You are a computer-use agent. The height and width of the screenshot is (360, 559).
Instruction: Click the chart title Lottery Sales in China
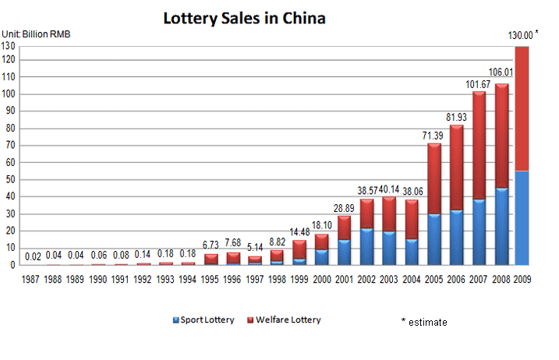coord(243,18)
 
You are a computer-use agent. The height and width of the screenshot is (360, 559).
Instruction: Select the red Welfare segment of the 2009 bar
coord(522,109)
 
